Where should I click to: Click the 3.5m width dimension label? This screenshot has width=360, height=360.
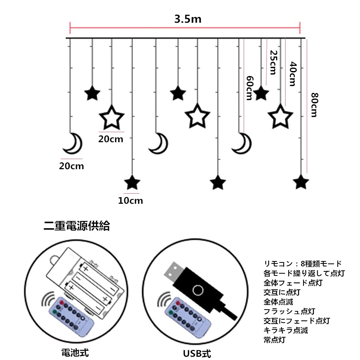coord(188,19)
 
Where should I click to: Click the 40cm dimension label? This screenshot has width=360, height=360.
coord(292,74)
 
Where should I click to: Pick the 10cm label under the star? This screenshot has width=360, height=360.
coord(130,201)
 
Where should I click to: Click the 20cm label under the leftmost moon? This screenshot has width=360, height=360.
coord(72,166)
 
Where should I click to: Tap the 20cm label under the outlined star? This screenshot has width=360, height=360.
coord(111,139)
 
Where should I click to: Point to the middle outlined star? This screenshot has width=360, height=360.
coord(197,116)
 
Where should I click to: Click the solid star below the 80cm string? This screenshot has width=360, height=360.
coord(301,182)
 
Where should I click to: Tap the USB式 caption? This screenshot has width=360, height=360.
coord(196,350)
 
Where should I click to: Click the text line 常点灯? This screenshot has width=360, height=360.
coord(274,339)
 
